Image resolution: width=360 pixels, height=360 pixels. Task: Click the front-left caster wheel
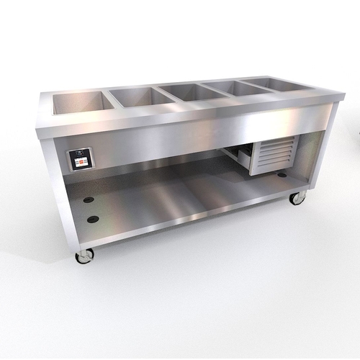pos(84,256)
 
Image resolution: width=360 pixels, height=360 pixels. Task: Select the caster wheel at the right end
pos(297,198)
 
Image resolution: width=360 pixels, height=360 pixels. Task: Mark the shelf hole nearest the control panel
pos(89,199)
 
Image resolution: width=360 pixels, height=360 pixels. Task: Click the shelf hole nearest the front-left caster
pos(92,218)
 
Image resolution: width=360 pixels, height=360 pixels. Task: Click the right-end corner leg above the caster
pos(314,163)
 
